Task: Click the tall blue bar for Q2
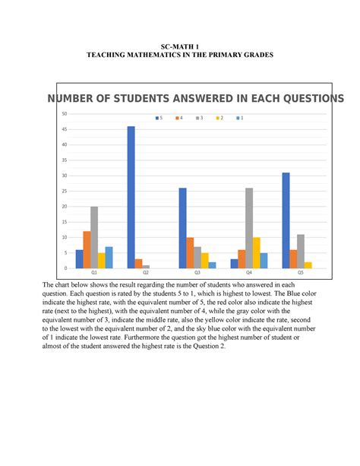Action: (131, 197)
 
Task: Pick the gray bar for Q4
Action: (249, 228)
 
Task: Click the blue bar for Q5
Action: (286, 220)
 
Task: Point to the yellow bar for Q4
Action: (257, 252)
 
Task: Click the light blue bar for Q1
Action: (109, 257)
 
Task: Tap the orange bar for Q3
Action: (190, 252)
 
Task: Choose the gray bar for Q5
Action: (301, 251)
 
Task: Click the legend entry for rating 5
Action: (159, 118)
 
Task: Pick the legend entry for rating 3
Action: (200, 118)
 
